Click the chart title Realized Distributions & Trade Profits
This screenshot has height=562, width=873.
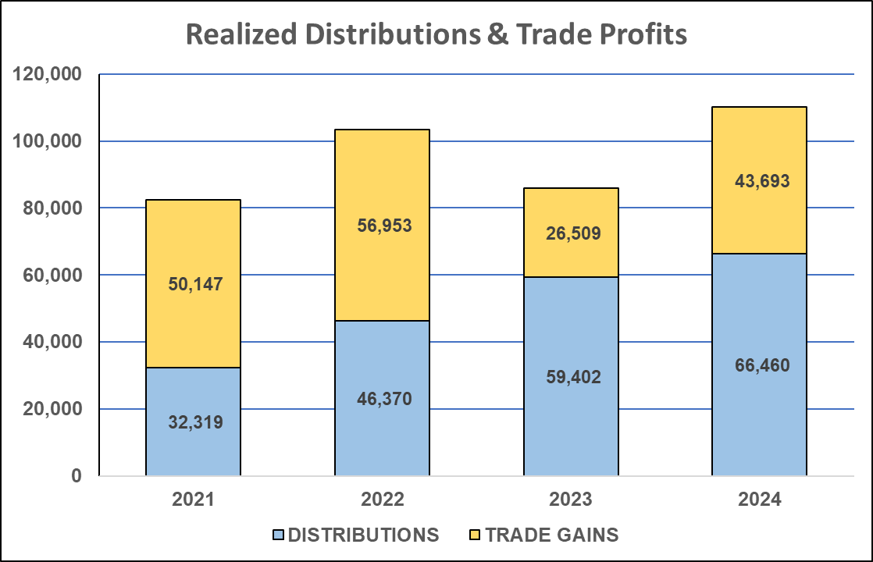(436, 35)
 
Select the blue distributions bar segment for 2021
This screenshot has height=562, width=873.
(193, 390)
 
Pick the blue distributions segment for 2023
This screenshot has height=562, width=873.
(571, 328)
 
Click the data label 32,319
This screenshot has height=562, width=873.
(195, 423)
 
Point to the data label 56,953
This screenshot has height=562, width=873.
(383, 226)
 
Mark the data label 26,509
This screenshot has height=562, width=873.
(572, 233)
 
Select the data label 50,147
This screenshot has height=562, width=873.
(195, 284)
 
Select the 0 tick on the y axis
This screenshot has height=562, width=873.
(76, 476)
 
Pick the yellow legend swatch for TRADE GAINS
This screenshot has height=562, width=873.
(474, 535)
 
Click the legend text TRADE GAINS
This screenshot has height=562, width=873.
(551, 535)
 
